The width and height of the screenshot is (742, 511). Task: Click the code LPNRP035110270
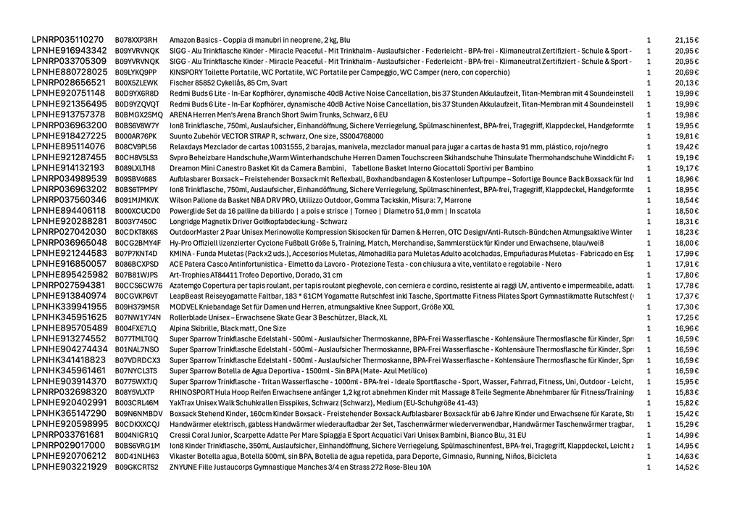coord(67,40)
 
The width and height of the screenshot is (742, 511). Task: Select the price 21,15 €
coord(686,40)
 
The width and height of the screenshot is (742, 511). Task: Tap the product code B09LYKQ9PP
coord(136,72)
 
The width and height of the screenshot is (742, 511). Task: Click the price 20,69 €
coord(686,72)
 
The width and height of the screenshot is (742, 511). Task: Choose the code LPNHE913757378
coord(69,115)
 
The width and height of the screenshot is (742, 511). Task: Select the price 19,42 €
coord(686,146)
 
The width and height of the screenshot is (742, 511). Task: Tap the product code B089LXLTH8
coord(135,168)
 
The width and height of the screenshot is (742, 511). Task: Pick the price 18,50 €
coord(686,211)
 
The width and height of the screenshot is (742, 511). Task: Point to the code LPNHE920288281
coord(69,221)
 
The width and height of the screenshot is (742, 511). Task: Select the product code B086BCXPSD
coord(136,264)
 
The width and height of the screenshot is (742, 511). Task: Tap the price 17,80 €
coord(686,275)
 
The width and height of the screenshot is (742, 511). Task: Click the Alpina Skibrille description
coord(228,328)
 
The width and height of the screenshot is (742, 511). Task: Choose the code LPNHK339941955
coord(69,307)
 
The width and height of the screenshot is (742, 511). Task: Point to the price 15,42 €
coord(686,414)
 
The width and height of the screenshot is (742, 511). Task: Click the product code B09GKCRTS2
coord(136,468)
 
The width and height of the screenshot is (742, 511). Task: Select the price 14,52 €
coord(686,468)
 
